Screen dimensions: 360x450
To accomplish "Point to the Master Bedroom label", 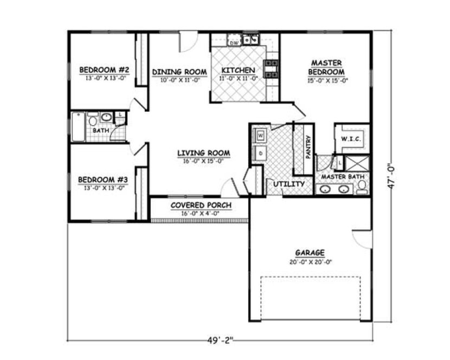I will click(326, 67).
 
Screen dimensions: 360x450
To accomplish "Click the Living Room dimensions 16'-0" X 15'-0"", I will click(204, 160).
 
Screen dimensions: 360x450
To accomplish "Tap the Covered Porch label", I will click(201, 205).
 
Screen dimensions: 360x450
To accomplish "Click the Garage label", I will click(310, 253).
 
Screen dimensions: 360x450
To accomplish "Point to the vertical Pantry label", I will click(308, 146).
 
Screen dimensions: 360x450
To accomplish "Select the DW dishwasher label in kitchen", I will click(235, 42).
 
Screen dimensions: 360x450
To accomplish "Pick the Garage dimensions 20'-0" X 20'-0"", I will click(310, 261).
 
